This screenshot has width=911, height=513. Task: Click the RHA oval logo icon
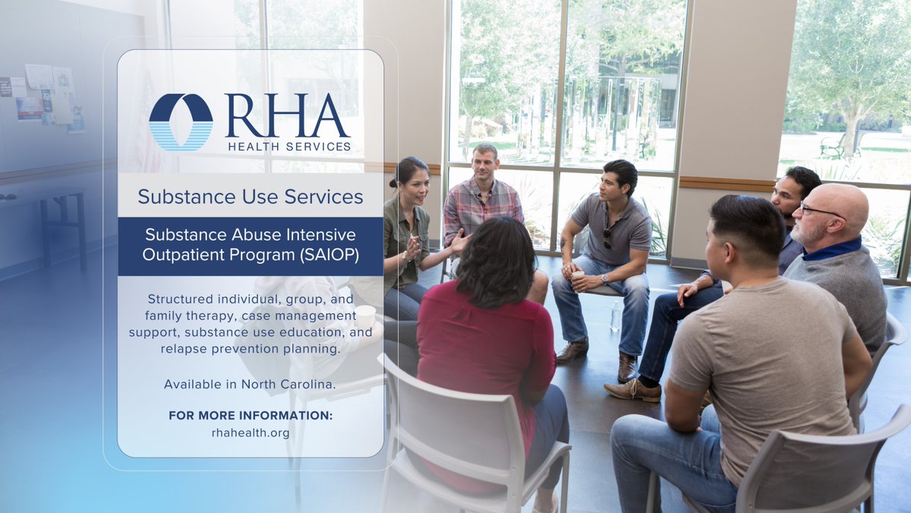(x=181, y=122)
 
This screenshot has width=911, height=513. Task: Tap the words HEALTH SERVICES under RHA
(x=288, y=146)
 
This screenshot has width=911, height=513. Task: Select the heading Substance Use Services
(x=251, y=197)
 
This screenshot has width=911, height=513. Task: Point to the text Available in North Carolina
(x=250, y=384)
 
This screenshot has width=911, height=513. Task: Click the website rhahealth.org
(x=251, y=432)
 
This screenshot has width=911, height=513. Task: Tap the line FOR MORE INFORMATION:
(x=251, y=416)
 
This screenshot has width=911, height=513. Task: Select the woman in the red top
(x=486, y=334)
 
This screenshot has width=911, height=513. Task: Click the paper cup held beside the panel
(x=365, y=315)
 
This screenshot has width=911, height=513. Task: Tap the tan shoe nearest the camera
(x=632, y=391)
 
